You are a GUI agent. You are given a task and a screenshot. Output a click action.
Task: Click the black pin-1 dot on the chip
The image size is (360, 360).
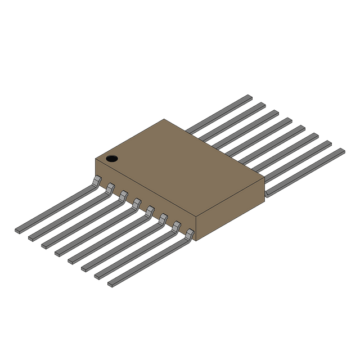point(112,159)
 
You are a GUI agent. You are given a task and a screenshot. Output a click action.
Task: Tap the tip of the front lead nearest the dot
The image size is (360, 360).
point(18,229)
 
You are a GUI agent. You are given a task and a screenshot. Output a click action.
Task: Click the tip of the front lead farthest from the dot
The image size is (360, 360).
point(111,285)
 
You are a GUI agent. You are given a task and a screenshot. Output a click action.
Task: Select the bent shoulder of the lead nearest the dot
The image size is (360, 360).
point(97,181)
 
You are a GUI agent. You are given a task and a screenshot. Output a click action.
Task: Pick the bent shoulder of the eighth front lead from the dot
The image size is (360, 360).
point(190,233)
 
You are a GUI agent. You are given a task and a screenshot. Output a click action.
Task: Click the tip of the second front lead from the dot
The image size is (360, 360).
point(31,237)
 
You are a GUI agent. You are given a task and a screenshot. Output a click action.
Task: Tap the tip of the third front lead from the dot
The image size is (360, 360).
point(44,245)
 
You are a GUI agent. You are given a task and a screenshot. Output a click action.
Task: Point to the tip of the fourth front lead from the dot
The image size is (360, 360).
point(58,253)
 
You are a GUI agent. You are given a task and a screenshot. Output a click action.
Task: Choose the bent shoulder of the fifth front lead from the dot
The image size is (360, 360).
point(150,211)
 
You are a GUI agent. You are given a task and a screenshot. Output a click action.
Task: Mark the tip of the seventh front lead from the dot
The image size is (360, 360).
point(98,276)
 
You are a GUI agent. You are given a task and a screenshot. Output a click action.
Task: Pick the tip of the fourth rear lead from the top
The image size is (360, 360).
point(288,120)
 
